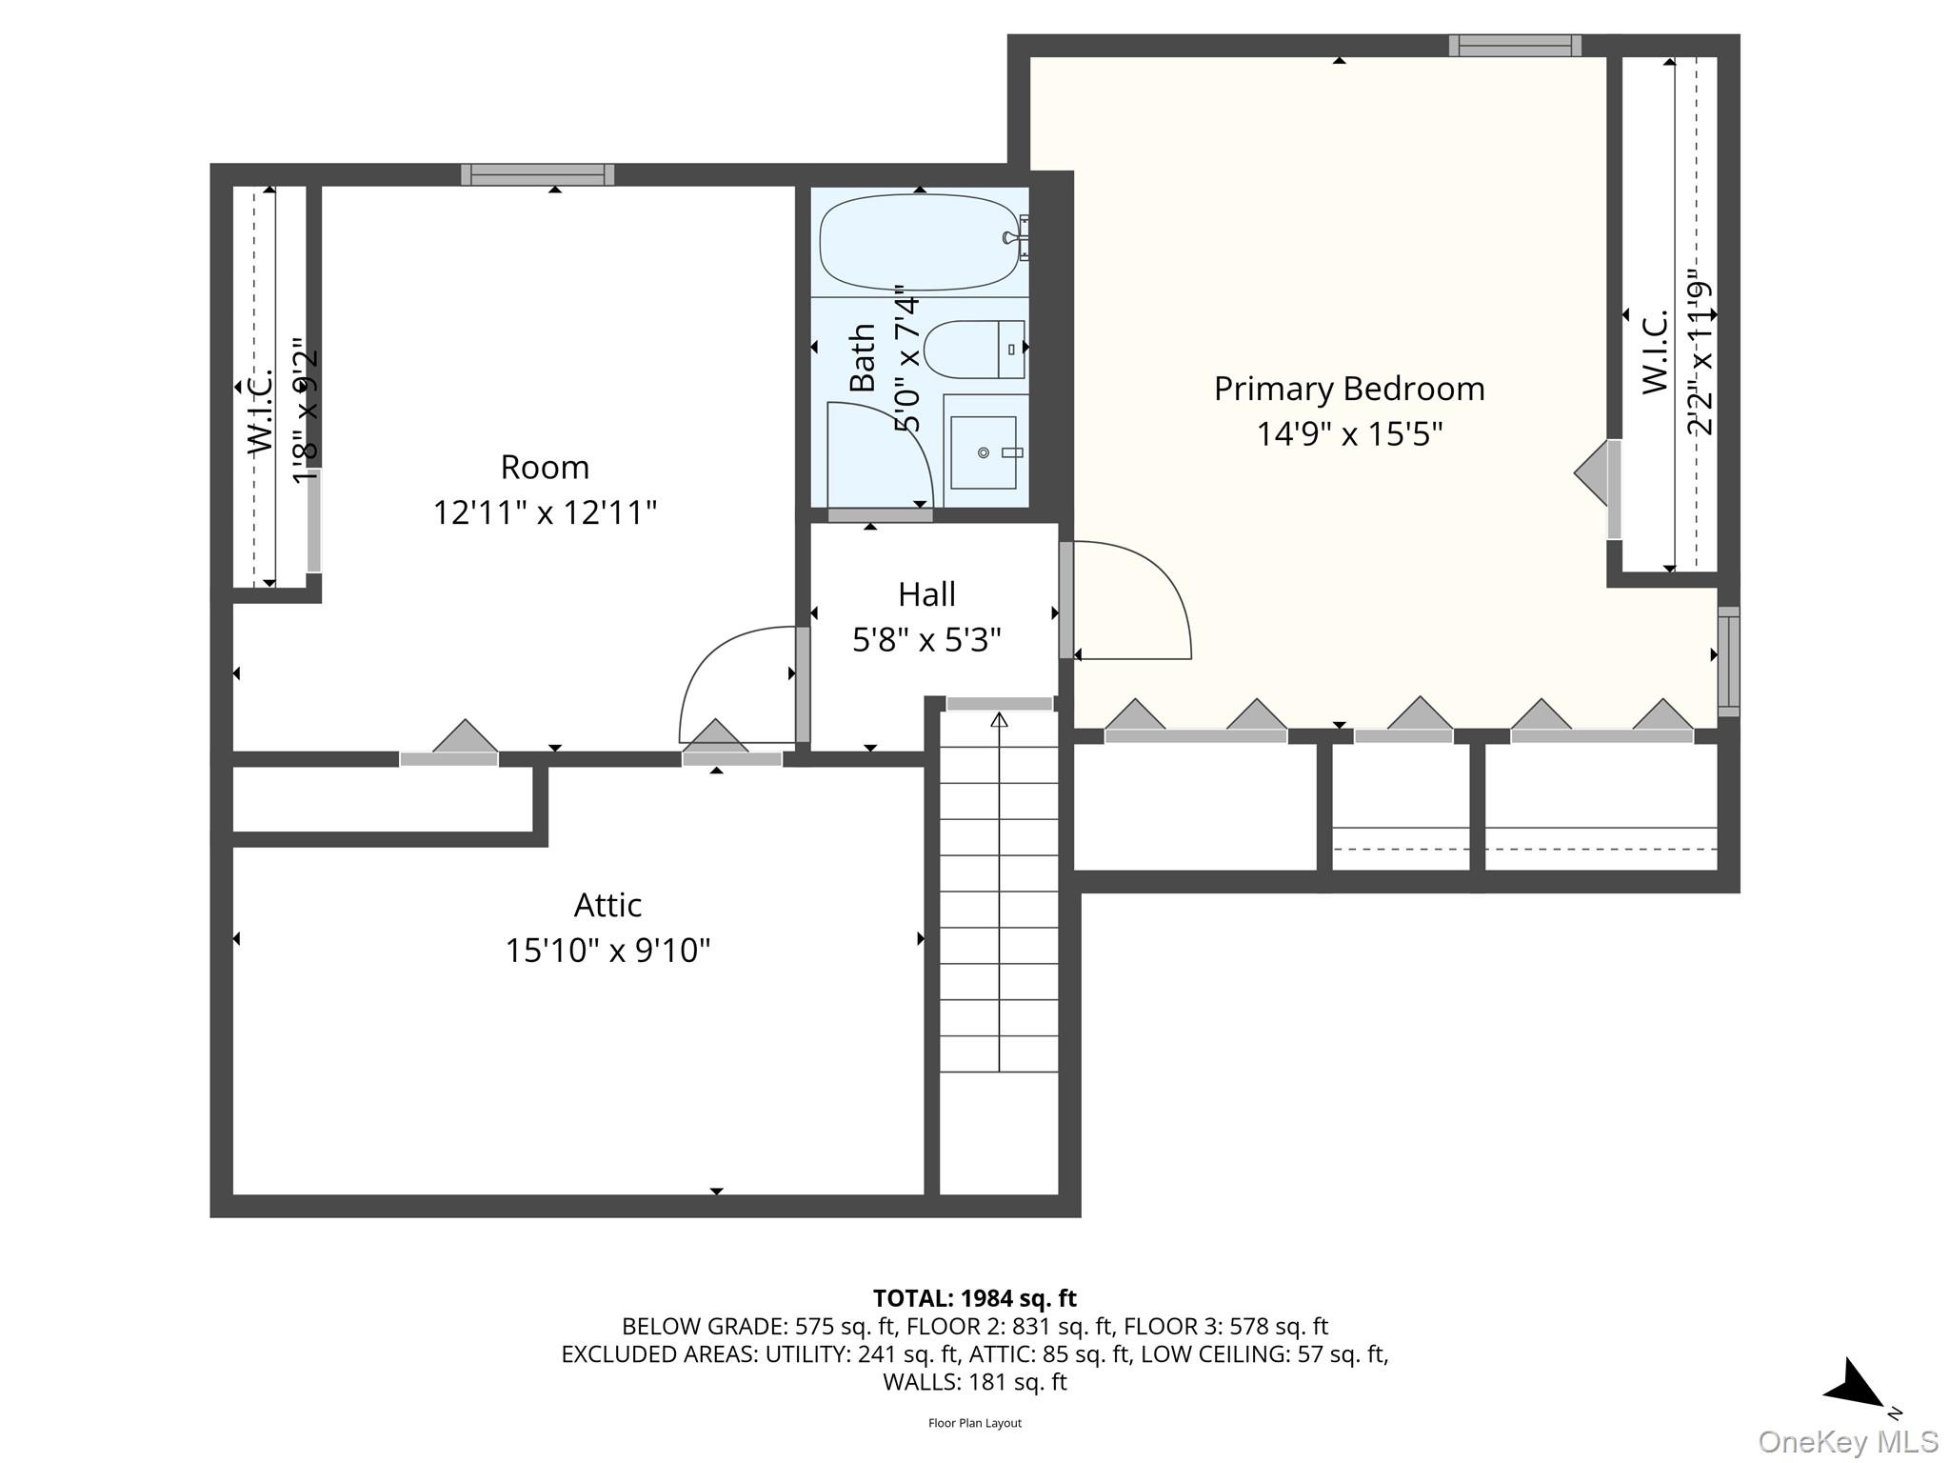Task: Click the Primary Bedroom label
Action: [1348, 389]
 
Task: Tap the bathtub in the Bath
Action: [919, 242]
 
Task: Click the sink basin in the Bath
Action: [984, 452]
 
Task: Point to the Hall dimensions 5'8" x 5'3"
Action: [926, 640]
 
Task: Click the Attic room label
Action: [607, 905]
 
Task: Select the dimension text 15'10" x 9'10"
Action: [607, 951]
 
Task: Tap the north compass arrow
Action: [1855, 1386]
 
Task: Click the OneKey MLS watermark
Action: [1847, 1442]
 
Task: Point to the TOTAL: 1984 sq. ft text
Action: [974, 1298]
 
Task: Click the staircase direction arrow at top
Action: [999, 721]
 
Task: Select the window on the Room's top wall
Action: [537, 174]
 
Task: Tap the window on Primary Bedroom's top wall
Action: [1514, 46]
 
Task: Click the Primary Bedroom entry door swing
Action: [1133, 600]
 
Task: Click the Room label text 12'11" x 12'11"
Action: [545, 512]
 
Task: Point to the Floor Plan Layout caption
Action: [974, 1423]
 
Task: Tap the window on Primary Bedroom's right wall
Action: [1728, 661]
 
